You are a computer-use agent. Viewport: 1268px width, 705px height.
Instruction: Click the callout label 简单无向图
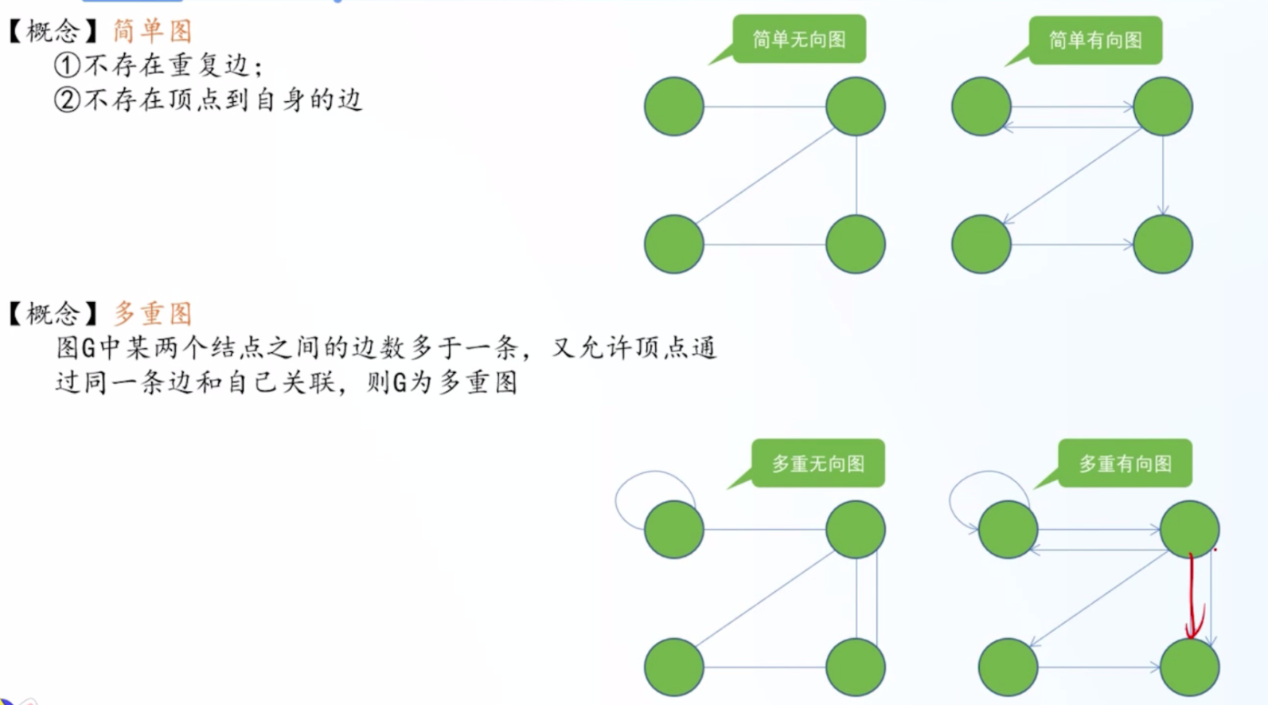798,39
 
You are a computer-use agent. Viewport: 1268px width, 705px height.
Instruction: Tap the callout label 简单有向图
1095,41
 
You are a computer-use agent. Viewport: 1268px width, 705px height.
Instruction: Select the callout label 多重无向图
818,464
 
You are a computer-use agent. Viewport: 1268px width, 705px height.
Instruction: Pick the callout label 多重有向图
1125,464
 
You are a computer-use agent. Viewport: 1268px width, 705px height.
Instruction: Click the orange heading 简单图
153,30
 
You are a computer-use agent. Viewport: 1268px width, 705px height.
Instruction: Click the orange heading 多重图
153,313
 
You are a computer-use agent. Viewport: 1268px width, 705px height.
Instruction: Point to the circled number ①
67,65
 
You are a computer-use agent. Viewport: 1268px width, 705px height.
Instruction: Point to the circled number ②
67,100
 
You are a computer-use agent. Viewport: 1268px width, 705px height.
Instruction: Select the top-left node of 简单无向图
673,107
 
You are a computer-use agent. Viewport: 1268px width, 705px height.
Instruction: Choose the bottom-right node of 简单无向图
856,245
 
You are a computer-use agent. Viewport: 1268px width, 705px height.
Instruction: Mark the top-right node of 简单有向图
1163,107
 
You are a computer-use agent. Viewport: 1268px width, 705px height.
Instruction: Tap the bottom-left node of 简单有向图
981,245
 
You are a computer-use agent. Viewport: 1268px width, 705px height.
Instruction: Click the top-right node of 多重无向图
856,529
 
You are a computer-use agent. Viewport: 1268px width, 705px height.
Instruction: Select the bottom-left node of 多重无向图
673,667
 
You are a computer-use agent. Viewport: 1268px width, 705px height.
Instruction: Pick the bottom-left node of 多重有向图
1008,667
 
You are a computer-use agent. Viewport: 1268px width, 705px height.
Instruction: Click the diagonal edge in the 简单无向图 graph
765,176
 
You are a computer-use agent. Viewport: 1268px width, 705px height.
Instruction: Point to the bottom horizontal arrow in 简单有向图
1072,245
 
